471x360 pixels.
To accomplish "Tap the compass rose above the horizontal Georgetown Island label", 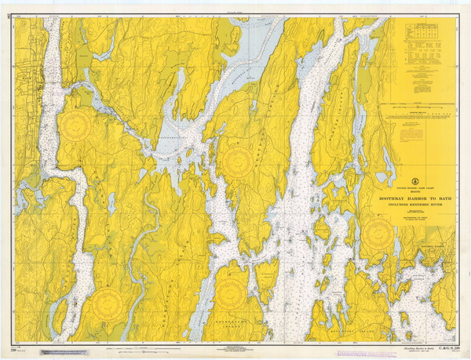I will click(229, 295).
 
